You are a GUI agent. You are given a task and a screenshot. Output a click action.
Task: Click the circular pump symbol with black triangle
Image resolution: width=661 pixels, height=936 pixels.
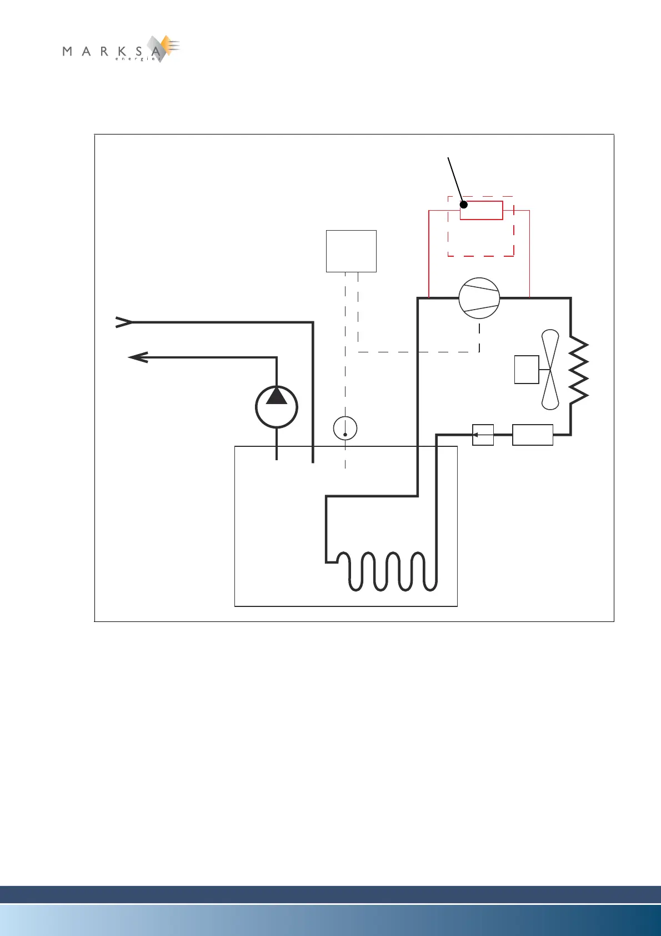(277, 407)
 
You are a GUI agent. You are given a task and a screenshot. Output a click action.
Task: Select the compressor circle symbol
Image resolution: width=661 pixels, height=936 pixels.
(479, 298)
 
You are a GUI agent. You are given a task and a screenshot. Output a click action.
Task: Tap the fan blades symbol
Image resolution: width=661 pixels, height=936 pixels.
(550, 370)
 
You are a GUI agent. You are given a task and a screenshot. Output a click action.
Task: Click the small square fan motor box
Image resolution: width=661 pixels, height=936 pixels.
(527, 370)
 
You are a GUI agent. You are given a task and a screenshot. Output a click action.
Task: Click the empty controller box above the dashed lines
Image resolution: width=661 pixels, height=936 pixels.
(351, 251)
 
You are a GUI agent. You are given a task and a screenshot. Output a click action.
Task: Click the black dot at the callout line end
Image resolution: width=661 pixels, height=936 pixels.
(464, 205)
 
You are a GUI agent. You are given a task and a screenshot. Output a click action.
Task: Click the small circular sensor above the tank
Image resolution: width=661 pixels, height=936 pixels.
(345, 429)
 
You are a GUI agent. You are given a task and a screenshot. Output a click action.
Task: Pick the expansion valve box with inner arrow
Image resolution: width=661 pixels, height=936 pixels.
(483, 435)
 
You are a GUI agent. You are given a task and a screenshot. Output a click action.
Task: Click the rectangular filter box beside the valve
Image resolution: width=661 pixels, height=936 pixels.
(532, 435)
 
